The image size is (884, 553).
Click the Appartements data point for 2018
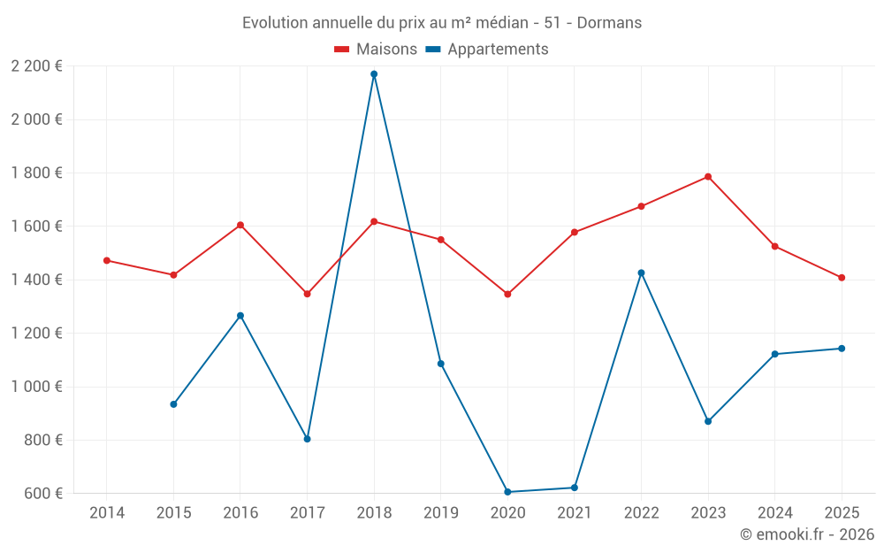pos(374,74)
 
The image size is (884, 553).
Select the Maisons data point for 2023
pos(708,177)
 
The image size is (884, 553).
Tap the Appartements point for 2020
pos(507,492)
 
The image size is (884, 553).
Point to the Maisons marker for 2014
pos(107,260)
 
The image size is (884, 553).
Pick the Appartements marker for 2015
pos(173,404)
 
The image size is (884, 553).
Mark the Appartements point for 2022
pos(641,273)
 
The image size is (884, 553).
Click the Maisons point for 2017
pos(307,294)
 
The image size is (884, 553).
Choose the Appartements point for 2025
pos(842,349)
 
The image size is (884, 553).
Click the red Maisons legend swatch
pos(342,50)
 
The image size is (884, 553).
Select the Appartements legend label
pos(498,50)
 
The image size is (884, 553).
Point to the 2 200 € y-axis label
pos(36,66)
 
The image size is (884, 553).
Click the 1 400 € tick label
pos(36,280)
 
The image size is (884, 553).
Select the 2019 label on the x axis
pos(440,512)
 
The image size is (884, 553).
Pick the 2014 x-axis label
pos(107,512)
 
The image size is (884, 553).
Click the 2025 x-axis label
pos(842,512)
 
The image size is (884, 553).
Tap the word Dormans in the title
pos(609,22)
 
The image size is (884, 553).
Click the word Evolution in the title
pos(275,22)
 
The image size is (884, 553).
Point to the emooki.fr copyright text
pos(807,534)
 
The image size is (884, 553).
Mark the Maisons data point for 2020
pos(507,294)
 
